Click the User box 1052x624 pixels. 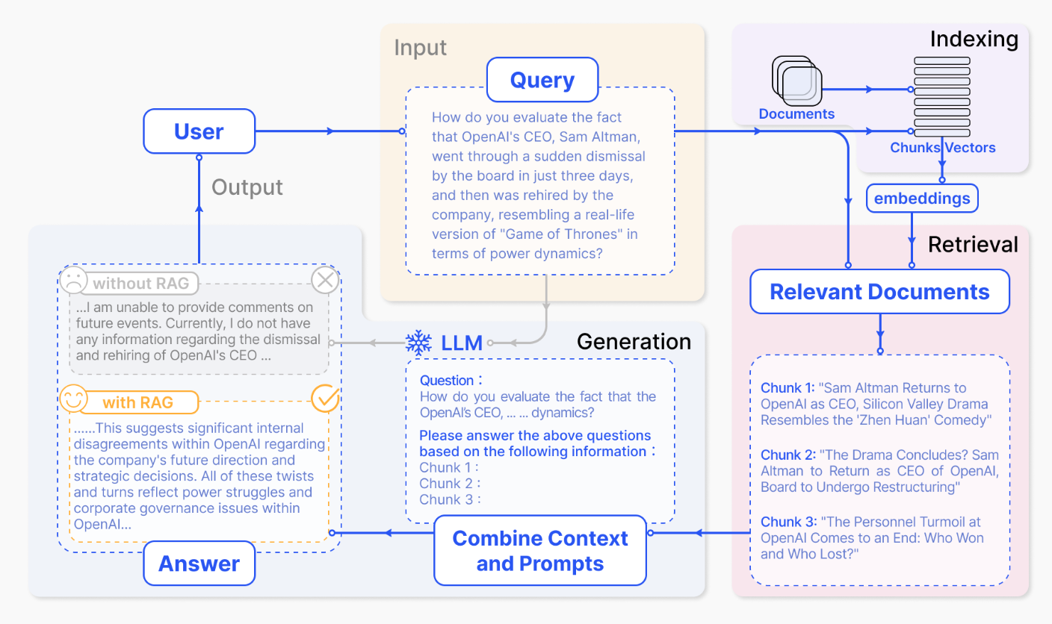(x=199, y=131)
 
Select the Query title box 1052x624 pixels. (x=542, y=80)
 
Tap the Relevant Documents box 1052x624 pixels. (x=879, y=292)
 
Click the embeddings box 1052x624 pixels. (x=922, y=199)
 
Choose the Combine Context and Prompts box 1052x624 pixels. (x=540, y=551)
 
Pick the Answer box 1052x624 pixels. (x=199, y=564)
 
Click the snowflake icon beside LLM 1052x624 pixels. (x=418, y=343)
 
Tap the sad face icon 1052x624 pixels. (x=72, y=281)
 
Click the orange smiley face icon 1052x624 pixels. (x=72, y=398)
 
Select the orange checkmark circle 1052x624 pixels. (x=325, y=398)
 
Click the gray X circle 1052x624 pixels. (x=325, y=281)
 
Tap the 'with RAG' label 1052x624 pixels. (x=138, y=402)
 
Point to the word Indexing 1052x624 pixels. (x=974, y=40)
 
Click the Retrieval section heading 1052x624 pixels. (x=973, y=244)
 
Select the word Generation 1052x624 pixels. (x=634, y=342)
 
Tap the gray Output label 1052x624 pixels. (x=247, y=187)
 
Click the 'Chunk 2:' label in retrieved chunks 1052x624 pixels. (x=788, y=455)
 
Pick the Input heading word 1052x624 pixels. (x=420, y=48)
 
